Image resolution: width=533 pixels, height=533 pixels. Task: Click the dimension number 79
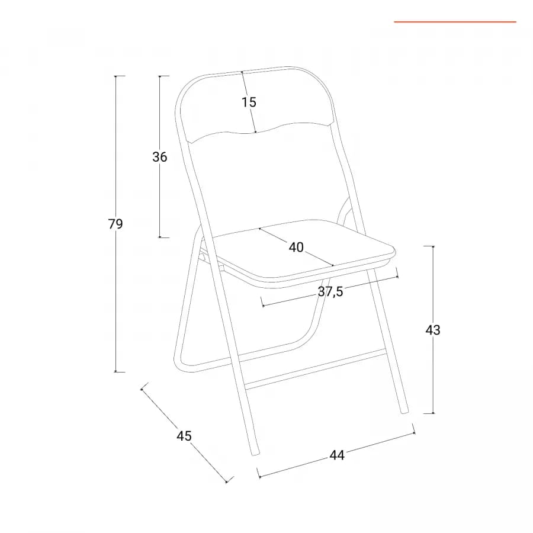point(115,224)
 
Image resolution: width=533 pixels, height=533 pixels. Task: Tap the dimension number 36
point(160,157)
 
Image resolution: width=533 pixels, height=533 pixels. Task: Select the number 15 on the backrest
point(249,102)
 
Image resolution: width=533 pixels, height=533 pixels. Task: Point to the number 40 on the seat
point(296,247)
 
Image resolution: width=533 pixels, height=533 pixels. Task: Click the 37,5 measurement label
point(330,291)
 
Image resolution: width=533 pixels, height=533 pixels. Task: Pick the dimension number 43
point(433,330)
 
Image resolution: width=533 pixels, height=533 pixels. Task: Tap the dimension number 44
point(337,455)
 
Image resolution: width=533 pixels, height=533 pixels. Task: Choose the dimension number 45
point(184,436)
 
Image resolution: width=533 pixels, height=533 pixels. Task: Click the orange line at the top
point(455,22)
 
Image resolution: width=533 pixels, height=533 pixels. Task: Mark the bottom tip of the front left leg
point(255,454)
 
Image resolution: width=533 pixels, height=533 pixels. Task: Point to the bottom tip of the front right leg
point(404,412)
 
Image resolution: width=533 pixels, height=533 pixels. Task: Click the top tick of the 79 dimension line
point(115,76)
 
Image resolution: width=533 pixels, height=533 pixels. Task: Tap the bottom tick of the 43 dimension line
point(433,413)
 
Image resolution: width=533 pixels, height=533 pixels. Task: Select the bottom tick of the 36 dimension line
point(160,237)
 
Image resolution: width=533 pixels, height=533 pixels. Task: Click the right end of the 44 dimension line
point(414,433)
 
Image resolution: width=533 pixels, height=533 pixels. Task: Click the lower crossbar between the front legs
point(315,370)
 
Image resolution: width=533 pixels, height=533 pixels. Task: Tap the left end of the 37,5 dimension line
point(263,306)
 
